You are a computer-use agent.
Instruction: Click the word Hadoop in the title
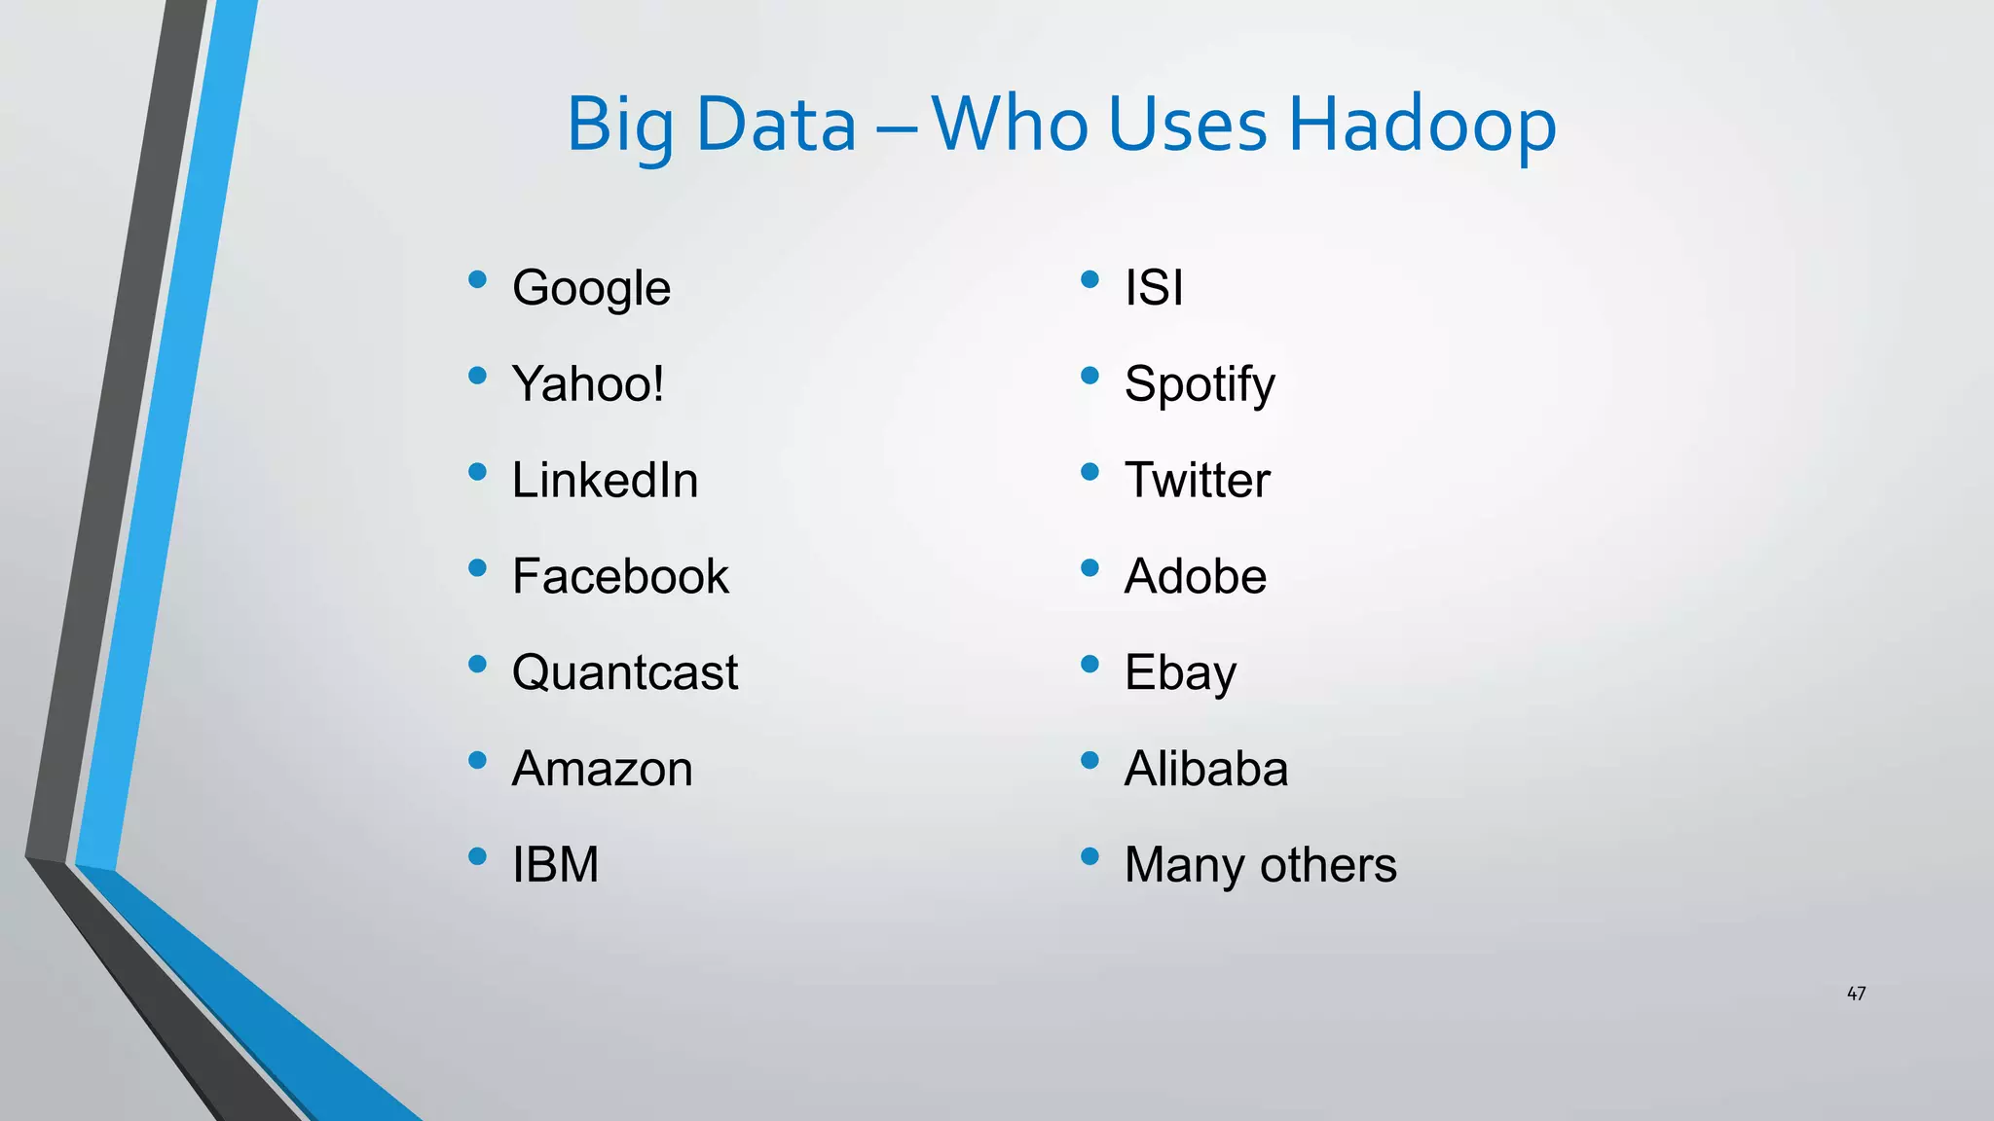click(1422, 125)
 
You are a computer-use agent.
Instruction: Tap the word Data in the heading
click(776, 125)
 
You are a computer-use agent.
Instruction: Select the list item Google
click(591, 288)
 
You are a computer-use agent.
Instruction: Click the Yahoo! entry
click(588, 383)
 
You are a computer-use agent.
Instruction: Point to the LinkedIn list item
click(605, 480)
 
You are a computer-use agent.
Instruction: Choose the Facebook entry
click(620, 576)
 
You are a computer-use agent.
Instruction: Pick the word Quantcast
click(625, 672)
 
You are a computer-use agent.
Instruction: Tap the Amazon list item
click(602, 769)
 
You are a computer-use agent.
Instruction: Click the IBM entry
click(555, 864)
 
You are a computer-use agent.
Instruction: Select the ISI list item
click(1154, 288)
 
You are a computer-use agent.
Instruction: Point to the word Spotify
click(1200, 384)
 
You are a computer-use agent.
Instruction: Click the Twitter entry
click(1197, 480)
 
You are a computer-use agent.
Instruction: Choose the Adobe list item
click(1195, 576)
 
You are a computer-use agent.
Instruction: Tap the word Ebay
click(1180, 672)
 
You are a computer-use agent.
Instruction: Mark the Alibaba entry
click(1206, 769)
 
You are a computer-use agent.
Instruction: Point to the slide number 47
click(1856, 994)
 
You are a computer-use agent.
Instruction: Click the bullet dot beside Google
click(477, 280)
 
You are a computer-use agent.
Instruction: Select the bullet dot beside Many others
click(1089, 856)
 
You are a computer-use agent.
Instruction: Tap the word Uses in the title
click(1187, 125)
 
